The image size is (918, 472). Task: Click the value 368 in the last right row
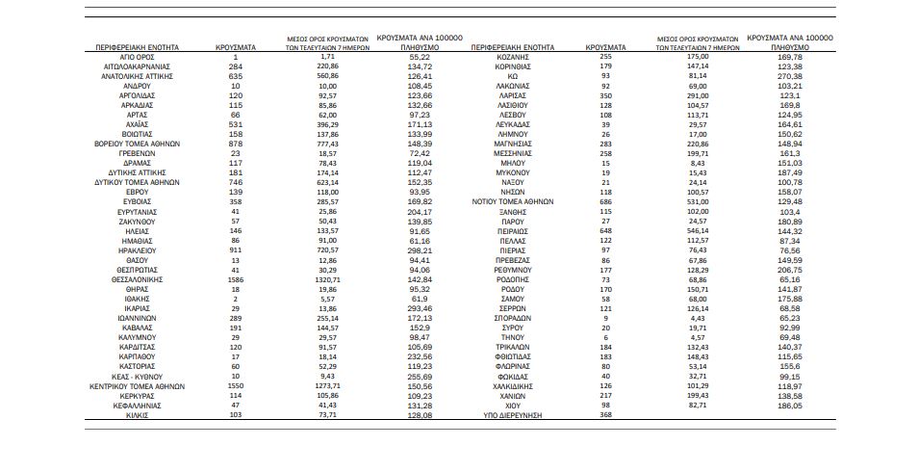(605, 415)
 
